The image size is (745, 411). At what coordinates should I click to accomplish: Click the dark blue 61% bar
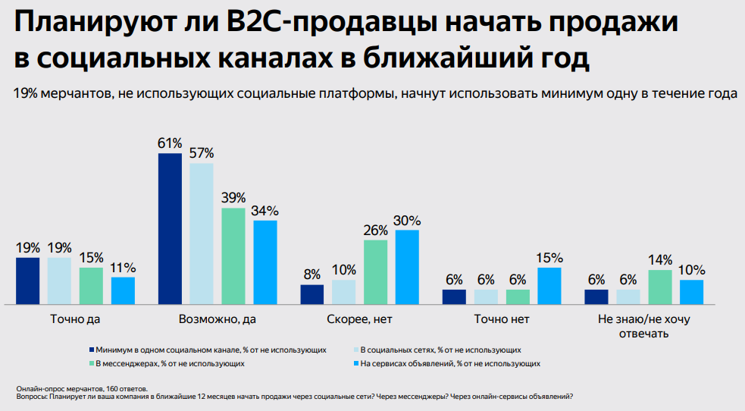click(x=170, y=228)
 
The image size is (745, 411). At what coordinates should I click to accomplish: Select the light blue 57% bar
click(x=202, y=233)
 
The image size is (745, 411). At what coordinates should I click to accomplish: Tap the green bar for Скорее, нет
click(x=375, y=271)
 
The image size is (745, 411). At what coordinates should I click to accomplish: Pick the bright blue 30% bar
click(x=406, y=266)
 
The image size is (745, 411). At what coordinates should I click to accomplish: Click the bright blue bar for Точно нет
click(x=549, y=285)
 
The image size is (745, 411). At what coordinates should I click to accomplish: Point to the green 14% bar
click(x=660, y=287)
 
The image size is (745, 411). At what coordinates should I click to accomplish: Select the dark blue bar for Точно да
click(x=27, y=281)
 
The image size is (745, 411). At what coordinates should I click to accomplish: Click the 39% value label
click(x=233, y=197)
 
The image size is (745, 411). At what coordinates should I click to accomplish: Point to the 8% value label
click(x=312, y=275)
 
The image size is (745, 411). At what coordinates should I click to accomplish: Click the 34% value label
click(x=265, y=210)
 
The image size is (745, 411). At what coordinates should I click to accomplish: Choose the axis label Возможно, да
click(x=217, y=319)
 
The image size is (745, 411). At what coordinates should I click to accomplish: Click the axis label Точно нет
click(x=502, y=319)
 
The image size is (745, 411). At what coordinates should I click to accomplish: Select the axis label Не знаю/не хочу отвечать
click(x=644, y=326)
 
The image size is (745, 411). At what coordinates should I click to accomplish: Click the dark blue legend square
click(x=91, y=350)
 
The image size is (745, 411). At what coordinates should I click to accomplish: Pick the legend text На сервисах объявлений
click(x=450, y=364)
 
